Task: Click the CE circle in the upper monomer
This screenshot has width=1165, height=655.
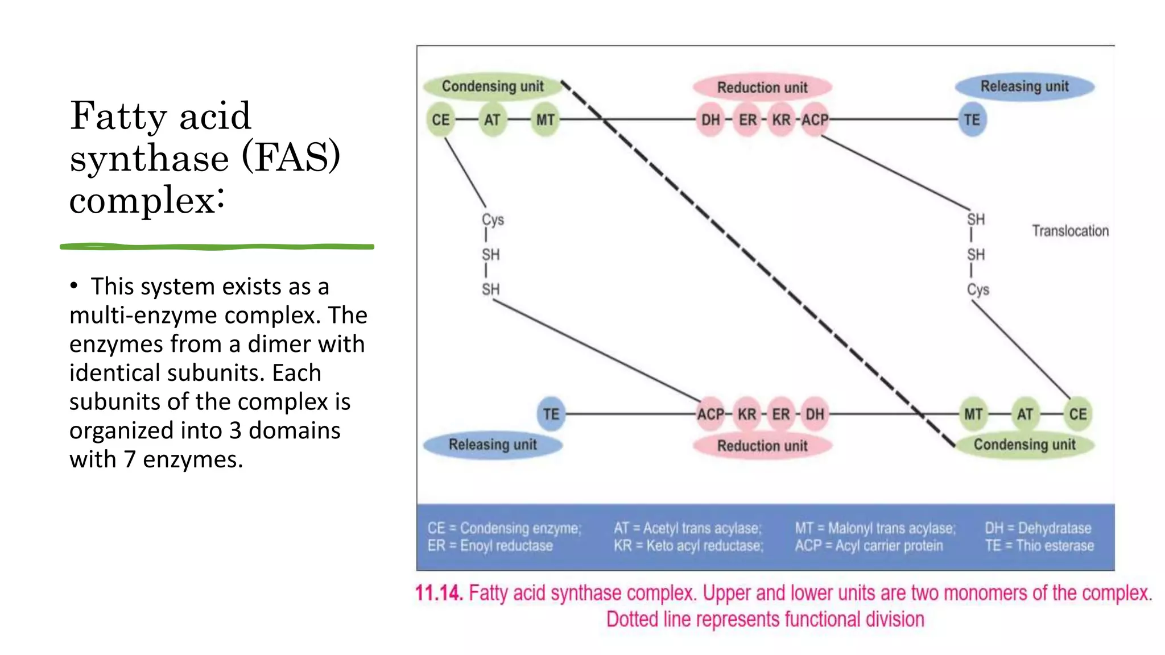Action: pyautogui.click(x=440, y=120)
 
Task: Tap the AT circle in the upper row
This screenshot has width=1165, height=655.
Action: pyautogui.click(x=492, y=120)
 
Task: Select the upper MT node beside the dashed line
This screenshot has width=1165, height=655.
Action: pyautogui.click(x=544, y=120)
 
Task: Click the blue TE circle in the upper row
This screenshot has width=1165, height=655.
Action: pyautogui.click(x=972, y=120)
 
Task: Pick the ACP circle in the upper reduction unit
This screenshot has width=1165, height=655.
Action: pyautogui.click(x=815, y=120)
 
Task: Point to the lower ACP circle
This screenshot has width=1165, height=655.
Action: pyautogui.click(x=711, y=414)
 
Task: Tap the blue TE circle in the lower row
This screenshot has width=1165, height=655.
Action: pyautogui.click(x=550, y=414)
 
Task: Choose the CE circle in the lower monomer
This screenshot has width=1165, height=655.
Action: pyautogui.click(x=1077, y=414)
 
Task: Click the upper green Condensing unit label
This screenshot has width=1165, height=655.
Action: pyautogui.click(x=493, y=86)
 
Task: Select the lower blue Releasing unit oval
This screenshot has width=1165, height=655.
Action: pyautogui.click(x=493, y=445)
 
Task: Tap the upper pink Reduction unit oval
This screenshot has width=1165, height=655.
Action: pyautogui.click(x=762, y=88)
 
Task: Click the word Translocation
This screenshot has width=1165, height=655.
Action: pyautogui.click(x=1070, y=231)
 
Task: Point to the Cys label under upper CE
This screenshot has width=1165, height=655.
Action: pyautogui.click(x=493, y=219)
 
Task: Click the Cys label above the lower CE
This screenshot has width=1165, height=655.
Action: pyautogui.click(x=978, y=289)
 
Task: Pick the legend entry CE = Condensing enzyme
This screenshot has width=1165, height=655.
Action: pyautogui.click(x=504, y=528)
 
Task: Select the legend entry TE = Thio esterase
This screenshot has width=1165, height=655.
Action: pyautogui.click(x=1039, y=546)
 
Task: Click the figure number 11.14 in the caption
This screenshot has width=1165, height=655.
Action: pyautogui.click(x=439, y=593)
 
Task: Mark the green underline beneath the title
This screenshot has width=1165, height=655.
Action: pyautogui.click(x=217, y=247)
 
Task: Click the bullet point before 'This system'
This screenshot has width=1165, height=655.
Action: pyautogui.click(x=74, y=285)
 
